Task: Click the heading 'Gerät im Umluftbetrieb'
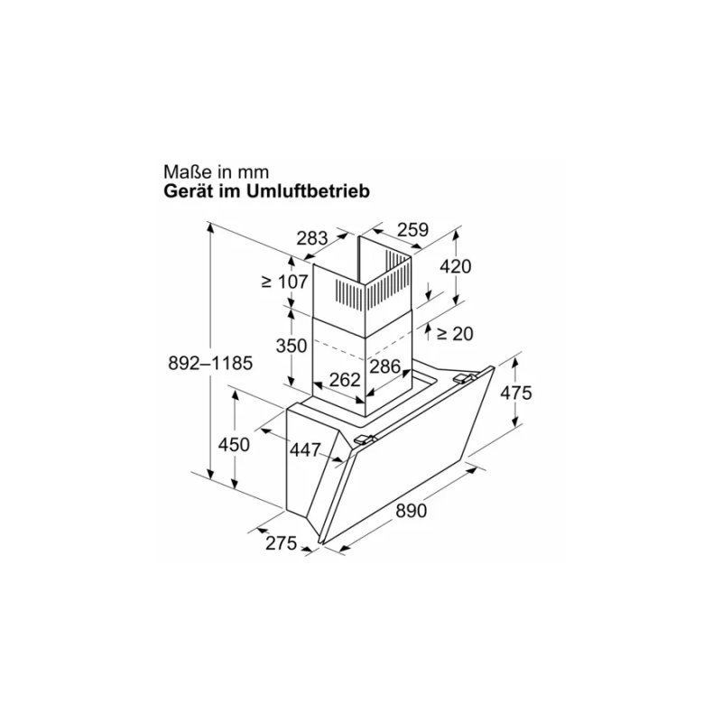pos(267,191)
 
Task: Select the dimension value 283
pos(311,239)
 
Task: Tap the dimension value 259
pos(412,230)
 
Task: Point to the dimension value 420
pos(455,266)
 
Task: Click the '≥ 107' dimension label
pos(285,281)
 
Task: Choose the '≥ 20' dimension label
pos(454,333)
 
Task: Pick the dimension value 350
pos(292,346)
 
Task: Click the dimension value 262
pos(345,380)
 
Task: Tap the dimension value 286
pos(385,366)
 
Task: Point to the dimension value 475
pos(516,393)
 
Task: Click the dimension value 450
pos(234,444)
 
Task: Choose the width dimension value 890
pos(410,511)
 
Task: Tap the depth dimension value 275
pos(282,543)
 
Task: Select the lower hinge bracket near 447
pos(365,440)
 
